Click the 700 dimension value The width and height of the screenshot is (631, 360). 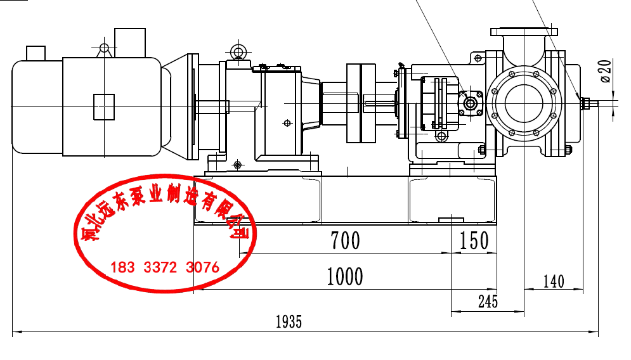coord(345,241)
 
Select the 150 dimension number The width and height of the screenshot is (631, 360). coord(474,241)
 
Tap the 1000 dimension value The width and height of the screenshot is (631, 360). coord(345,277)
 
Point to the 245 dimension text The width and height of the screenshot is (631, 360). coord(488,301)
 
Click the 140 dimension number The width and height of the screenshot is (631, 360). coord(554,281)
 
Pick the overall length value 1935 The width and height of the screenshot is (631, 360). coord(289,322)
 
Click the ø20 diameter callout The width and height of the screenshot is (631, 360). coord(606,71)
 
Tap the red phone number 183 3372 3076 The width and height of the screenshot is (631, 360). coord(165,267)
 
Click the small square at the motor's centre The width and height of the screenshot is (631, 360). coord(104,107)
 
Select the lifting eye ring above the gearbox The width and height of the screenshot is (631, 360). coord(239,52)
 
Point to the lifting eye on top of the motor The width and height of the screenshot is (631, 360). coord(104,48)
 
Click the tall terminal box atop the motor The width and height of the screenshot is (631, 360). coord(130,42)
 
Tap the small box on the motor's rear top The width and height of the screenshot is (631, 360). coord(36,53)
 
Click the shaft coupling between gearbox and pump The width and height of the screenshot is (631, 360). coord(361,103)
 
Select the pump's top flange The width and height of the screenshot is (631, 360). coord(524,32)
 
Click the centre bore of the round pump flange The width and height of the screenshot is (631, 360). coord(524,103)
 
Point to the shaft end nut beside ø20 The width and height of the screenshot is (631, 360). coord(584,103)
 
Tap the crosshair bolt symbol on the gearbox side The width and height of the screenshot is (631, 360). coord(287,123)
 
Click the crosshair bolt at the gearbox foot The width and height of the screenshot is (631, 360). coord(237,165)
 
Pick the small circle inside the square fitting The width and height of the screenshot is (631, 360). coord(470,103)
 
